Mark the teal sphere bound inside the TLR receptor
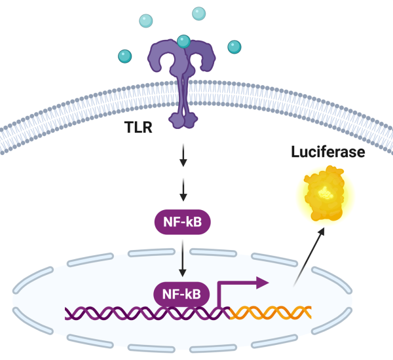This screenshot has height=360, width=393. [x=184, y=42]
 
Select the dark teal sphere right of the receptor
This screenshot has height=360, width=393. [x=234, y=46]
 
